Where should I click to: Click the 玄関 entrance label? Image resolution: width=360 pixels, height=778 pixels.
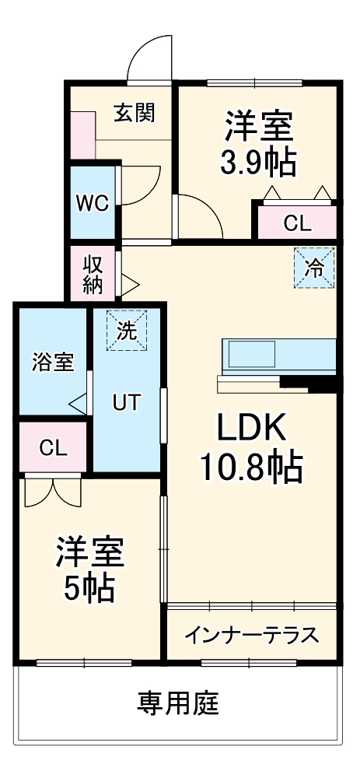coord(135,114)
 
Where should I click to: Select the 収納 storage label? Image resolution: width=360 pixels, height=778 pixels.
coord(93,273)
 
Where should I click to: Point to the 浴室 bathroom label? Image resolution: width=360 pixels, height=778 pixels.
coord(52,362)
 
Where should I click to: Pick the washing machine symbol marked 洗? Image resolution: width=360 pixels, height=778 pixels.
coord(126,329)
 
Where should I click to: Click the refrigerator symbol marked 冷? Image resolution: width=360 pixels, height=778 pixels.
coord(315,268)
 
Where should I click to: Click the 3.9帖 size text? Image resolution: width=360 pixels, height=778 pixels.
coord(259,161)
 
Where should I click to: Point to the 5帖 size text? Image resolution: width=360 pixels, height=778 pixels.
coord(89,589)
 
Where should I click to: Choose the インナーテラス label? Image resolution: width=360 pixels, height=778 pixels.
coord(251,636)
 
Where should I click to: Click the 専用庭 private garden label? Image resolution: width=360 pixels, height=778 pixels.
coord(178,703)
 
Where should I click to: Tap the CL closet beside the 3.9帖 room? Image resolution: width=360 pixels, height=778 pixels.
coord(297,223)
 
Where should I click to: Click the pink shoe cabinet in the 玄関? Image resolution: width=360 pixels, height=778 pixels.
coord(82,137)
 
